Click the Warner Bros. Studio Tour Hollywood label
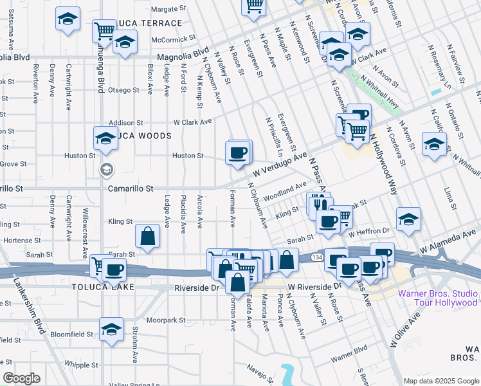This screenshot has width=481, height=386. point(438,299)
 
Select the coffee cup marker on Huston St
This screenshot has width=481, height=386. point(238,153)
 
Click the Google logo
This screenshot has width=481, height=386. point(21,378)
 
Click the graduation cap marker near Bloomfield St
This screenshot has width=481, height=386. point(112,330)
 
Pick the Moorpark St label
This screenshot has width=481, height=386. point(165,319)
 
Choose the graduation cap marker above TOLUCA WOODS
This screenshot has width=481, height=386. point(106,138)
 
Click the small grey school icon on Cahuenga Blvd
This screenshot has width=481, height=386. point(106,170)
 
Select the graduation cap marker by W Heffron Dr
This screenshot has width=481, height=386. point(408,220)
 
